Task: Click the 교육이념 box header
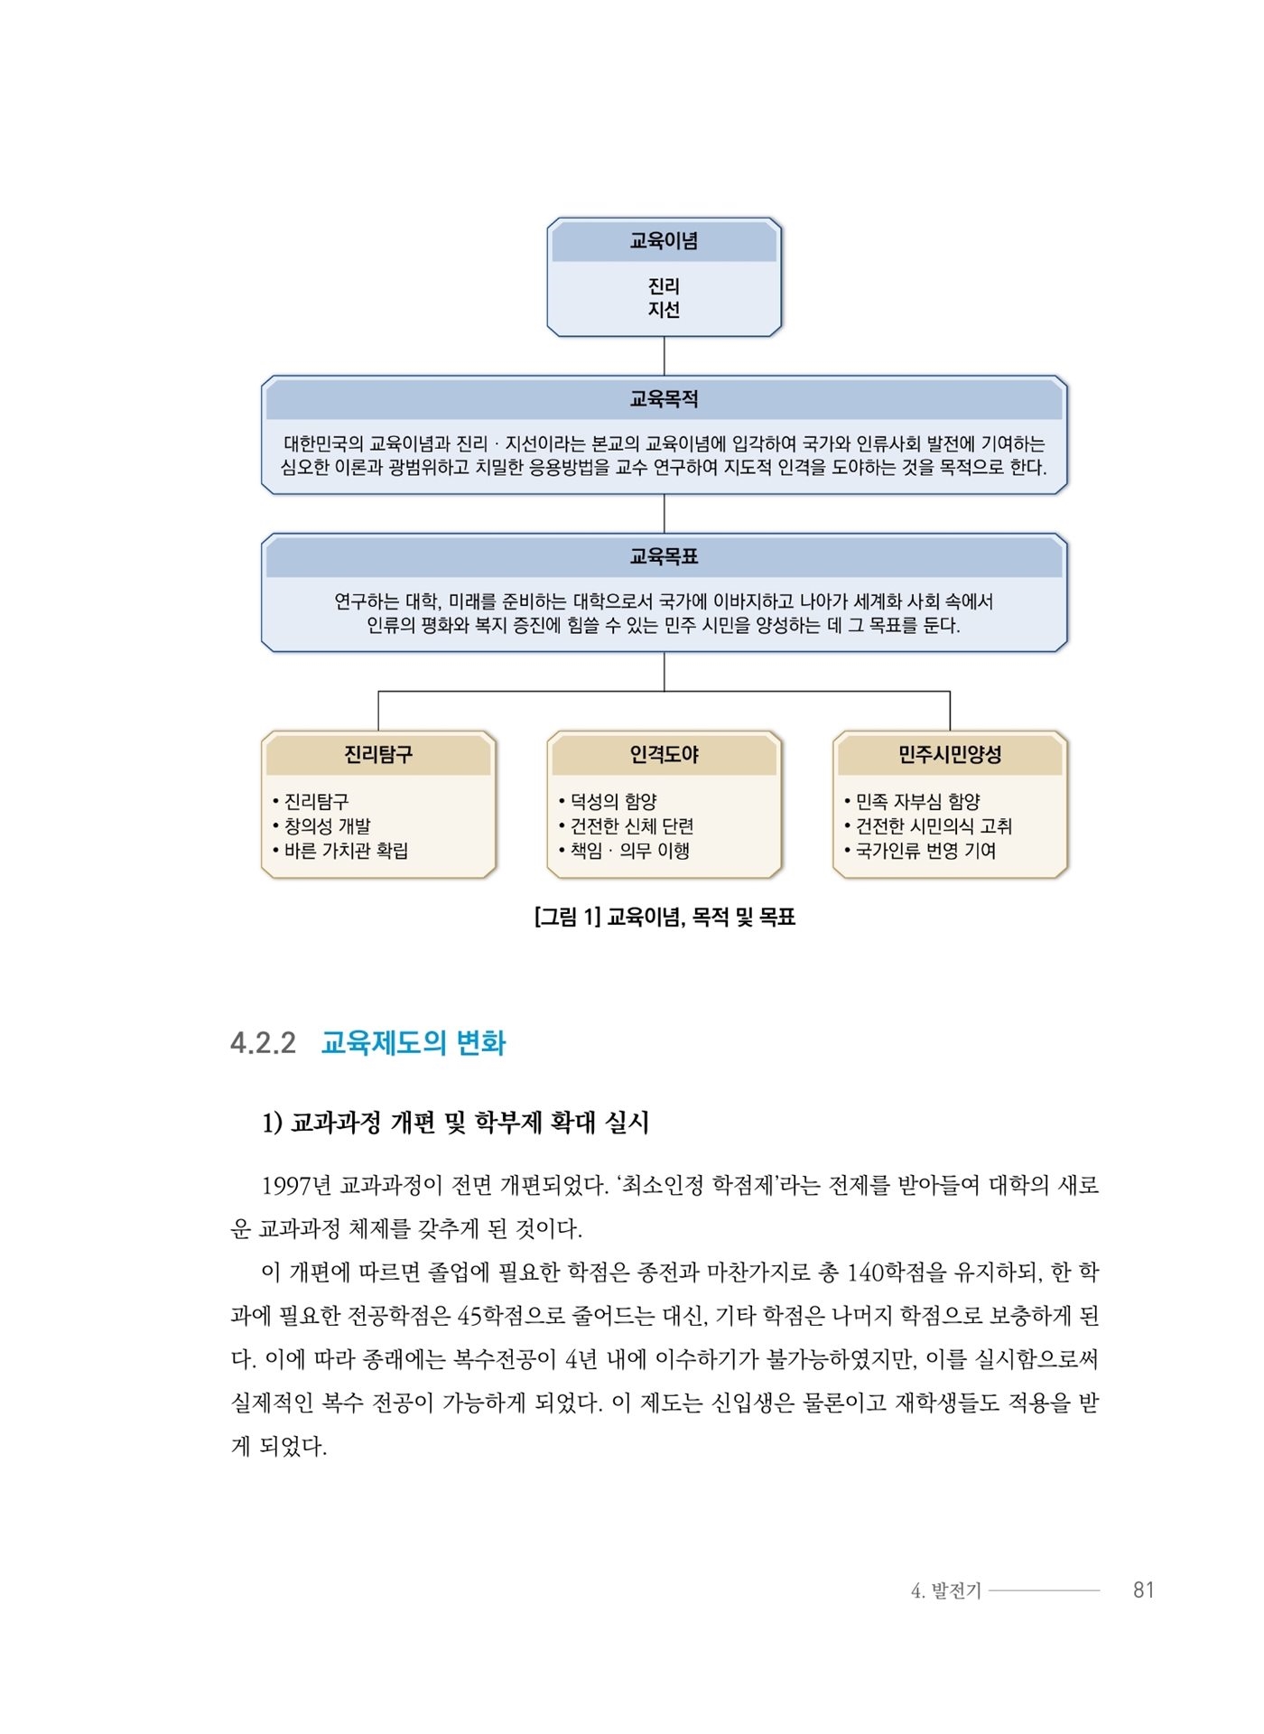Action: [x=664, y=241]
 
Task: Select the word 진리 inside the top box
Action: [x=664, y=286]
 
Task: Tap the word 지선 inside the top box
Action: [x=664, y=310]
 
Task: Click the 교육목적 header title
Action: [x=664, y=399]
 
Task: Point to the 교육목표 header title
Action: [x=664, y=556]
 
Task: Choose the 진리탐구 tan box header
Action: [x=378, y=754]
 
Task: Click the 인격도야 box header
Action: [x=664, y=754]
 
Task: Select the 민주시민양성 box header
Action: [x=950, y=754]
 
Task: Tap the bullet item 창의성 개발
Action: [x=322, y=825]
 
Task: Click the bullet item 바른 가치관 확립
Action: [x=340, y=850]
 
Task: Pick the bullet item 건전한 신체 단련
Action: [x=627, y=825]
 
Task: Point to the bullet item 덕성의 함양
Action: [x=608, y=801]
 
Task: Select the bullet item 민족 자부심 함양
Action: [x=912, y=801]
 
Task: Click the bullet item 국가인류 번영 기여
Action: [x=920, y=850]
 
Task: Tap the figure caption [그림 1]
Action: [x=567, y=918]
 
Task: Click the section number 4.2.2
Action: [x=263, y=1043]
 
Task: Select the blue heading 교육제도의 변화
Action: [x=414, y=1043]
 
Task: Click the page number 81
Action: [x=1144, y=1589]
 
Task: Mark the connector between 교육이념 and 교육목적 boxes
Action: [x=665, y=356]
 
